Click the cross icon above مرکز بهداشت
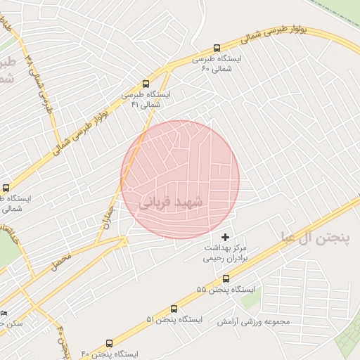pos(225,238)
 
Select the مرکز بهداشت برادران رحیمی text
pos(226,253)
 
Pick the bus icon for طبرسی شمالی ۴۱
pos(146,83)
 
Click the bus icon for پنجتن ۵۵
pos(226,278)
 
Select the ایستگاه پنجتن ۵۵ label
pos(226,290)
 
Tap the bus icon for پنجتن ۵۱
pos(174,309)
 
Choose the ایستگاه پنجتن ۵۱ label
pos(174,320)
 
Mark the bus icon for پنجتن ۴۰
pos(109,343)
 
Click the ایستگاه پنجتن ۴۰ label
pos(110,354)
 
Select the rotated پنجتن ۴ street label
pos(64,338)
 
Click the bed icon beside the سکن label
pos(4,313)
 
